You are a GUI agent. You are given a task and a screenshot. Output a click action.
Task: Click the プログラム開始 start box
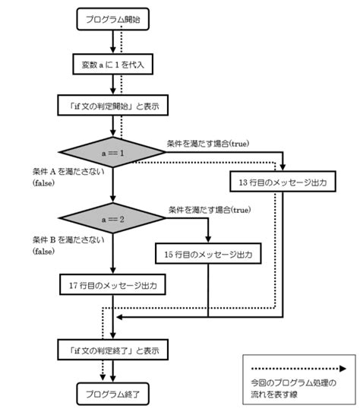pos(113,19)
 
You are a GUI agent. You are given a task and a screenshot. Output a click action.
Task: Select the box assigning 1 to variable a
pos(113,64)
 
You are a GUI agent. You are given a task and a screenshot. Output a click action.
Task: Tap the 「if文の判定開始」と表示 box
pos(113,105)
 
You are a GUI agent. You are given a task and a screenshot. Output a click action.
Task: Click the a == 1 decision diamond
pos(112,152)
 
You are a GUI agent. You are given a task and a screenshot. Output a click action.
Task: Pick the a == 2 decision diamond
pos(112,218)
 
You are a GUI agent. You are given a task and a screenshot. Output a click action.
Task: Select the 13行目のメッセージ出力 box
pos(283,181)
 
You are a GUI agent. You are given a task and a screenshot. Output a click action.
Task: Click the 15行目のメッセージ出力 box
pos(208,254)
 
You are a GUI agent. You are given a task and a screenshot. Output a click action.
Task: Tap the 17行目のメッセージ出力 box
pos(112,284)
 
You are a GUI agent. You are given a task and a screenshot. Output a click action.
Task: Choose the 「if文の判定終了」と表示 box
pos(113,350)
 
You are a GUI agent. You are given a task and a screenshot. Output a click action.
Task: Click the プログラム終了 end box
pos(113,394)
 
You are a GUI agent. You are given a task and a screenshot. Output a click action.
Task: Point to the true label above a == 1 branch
pos(208,144)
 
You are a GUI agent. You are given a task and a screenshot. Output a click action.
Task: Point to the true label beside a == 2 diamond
pos(210,210)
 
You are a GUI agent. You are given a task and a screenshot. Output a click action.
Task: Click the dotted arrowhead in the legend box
pos(343,369)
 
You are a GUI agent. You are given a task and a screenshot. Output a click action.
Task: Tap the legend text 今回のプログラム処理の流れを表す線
pos(293,388)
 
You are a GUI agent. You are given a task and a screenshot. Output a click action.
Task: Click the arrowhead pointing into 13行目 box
pos(283,167)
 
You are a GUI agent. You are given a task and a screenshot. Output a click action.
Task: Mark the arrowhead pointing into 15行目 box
pos(208,239)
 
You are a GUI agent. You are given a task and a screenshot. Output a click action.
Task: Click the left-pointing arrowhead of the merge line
pos(119,317)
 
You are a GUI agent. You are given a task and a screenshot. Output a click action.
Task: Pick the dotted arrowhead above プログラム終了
pos(103,377)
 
